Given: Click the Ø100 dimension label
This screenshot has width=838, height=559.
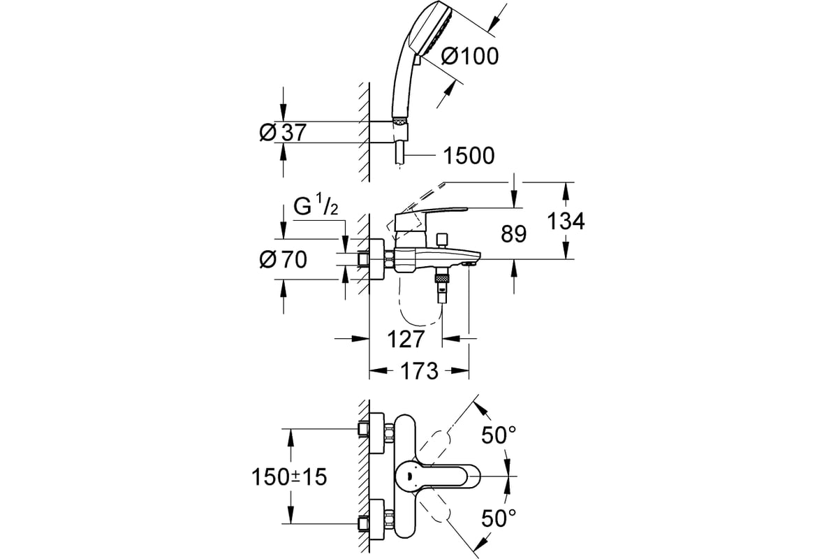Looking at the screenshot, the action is pyautogui.click(x=470, y=57).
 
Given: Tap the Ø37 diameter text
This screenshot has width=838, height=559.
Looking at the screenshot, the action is pyautogui.click(x=283, y=132).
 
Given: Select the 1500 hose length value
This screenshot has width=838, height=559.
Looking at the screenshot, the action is pyautogui.click(x=469, y=155).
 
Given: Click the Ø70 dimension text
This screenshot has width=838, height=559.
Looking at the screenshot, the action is pyautogui.click(x=284, y=259).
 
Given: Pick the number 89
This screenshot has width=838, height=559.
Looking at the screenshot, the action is pyautogui.click(x=514, y=234).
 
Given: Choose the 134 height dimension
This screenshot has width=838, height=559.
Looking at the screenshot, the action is pyautogui.click(x=566, y=221).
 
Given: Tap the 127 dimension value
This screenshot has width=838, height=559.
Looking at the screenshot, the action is pyautogui.click(x=406, y=339).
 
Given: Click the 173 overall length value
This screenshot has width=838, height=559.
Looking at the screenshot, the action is pyautogui.click(x=419, y=370).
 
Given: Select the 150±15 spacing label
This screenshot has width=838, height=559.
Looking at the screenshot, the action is pyautogui.click(x=289, y=477).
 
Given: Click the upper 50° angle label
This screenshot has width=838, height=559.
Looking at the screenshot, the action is pyautogui.click(x=499, y=435).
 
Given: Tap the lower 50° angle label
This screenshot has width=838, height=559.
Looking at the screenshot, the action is pyautogui.click(x=499, y=518).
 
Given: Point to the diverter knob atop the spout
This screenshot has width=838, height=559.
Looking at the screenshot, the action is pyautogui.click(x=443, y=240).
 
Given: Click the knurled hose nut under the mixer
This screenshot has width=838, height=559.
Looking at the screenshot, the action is pyautogui.click(x=442, y=279).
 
